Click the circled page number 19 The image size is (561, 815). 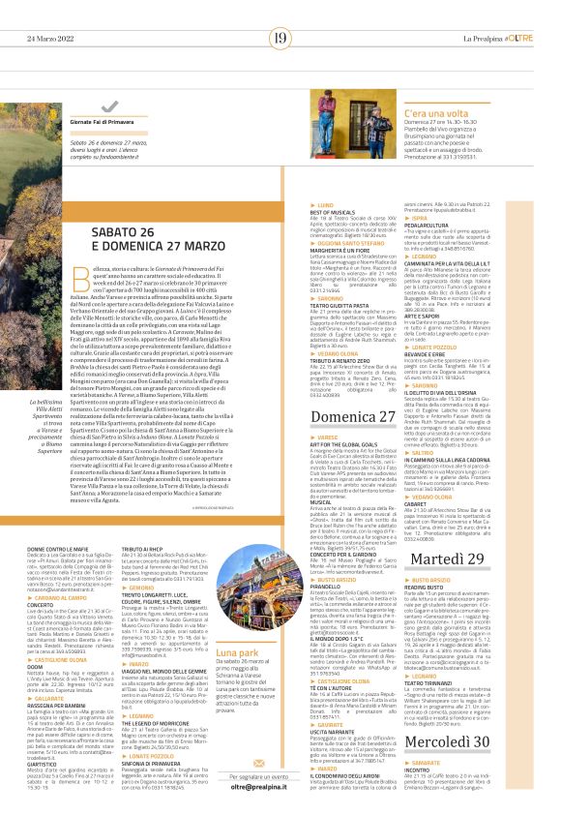point(280,38)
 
